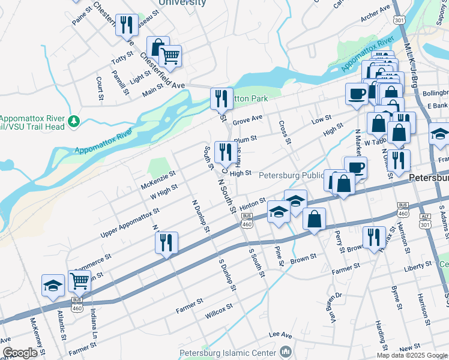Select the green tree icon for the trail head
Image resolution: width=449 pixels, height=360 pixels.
(x=74, y=122)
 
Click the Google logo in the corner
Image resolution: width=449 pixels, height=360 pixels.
(x=20, y=353)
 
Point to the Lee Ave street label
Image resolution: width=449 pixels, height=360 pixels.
(x=280, y=334)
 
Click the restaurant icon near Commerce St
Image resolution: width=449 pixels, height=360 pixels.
(x=166, y=242)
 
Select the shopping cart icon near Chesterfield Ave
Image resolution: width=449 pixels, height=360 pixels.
(x=171, y=56)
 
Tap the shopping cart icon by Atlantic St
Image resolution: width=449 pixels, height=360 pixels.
(x=79, y=280)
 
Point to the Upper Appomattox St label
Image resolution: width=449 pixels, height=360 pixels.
(x=130, y=223)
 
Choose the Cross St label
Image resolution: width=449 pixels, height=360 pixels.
(x=284, y=133)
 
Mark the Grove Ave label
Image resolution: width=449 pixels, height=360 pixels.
(x=248, y=119)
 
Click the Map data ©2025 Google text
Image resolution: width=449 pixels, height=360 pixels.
(x=412, y=355)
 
